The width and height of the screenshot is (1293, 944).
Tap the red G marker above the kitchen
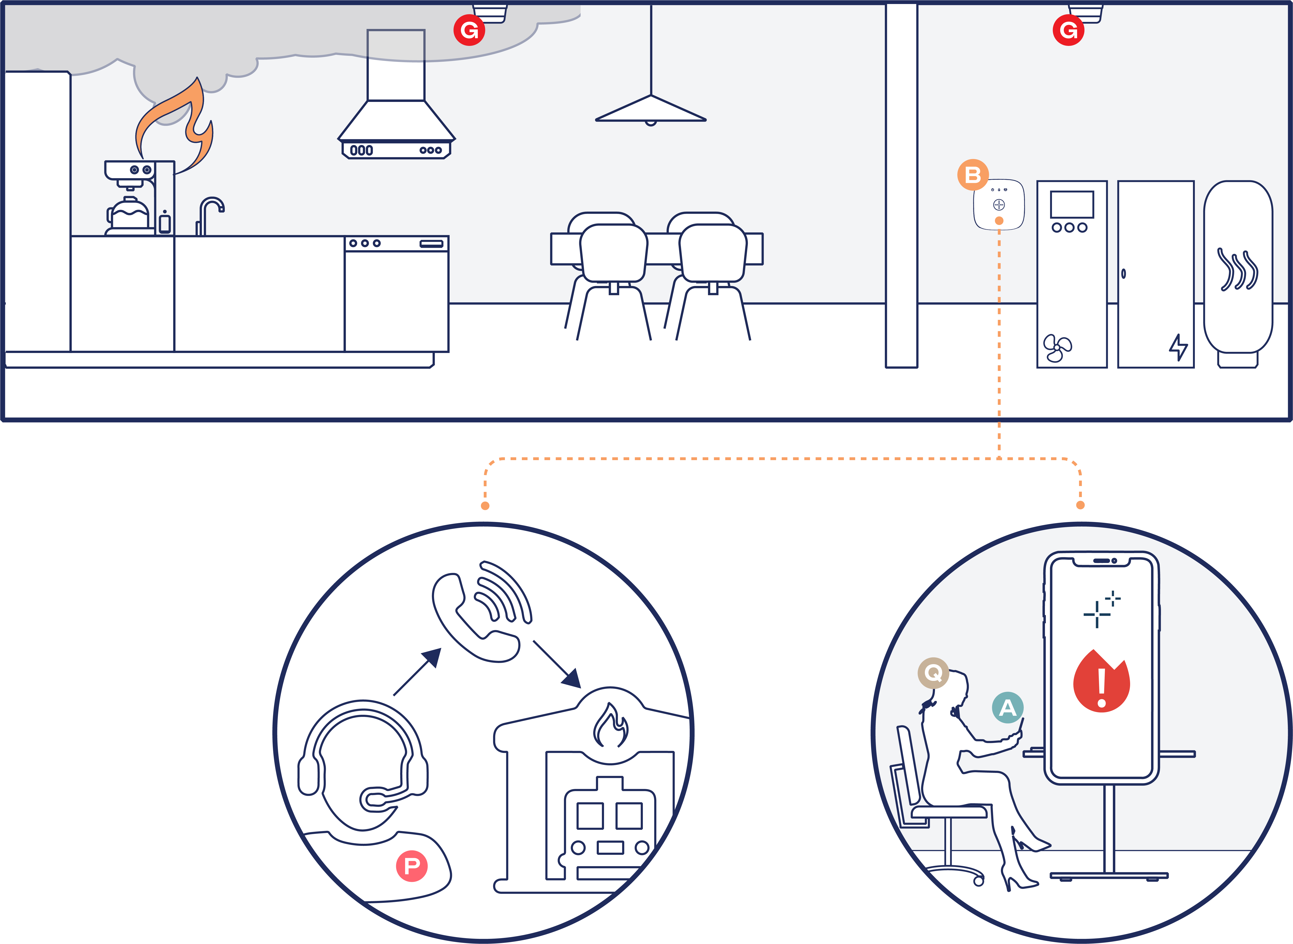point(469,30)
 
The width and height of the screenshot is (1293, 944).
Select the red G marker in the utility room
point(1068,30)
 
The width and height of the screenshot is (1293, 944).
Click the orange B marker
point(973,175)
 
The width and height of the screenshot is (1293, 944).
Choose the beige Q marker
point(933,673)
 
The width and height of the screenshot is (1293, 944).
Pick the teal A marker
point(1007,707)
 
